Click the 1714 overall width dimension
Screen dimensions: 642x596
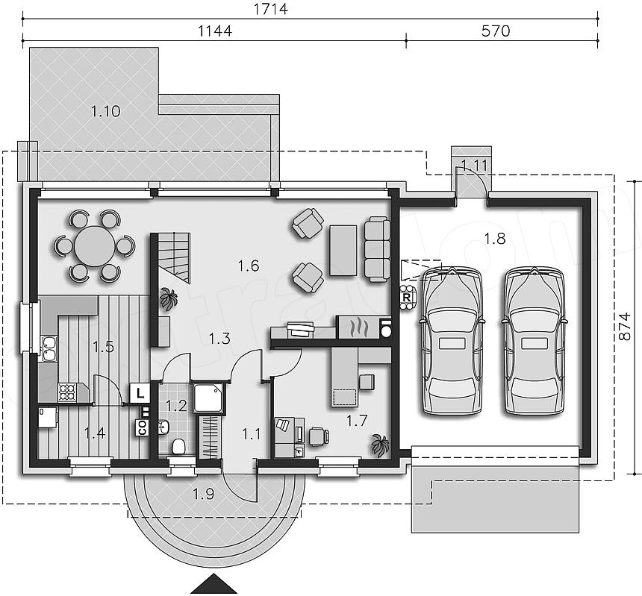pos(271,9)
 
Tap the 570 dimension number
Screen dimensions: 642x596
pos(496,31)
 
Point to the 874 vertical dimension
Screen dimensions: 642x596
pos(624,327)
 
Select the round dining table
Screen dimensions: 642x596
pos(95,246)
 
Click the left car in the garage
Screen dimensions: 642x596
pos(452,340)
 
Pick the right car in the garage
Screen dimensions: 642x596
pos(534,340)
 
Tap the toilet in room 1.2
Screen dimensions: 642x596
pos(178,446)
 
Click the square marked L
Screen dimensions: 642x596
pos(140,394)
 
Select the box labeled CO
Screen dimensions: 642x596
pos(142,427)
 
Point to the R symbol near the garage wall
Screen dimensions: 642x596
pos(407,298)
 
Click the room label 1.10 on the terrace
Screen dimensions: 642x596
pos(106,111)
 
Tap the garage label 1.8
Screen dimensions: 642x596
pos(495,238)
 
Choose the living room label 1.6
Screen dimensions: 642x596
pos(249,266)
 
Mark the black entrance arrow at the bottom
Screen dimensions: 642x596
pos(214,584)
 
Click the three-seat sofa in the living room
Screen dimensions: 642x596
pos(377,250)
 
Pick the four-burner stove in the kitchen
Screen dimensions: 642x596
pos(67,392)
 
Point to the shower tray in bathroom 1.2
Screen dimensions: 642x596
pos(208,398)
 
